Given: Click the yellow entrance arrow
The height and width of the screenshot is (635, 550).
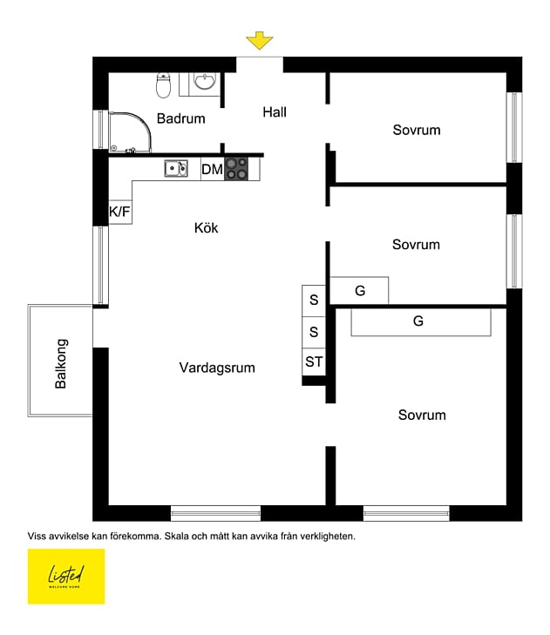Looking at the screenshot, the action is [x=259, y=41].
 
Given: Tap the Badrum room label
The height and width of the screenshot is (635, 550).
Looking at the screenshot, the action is [x=181, y=118].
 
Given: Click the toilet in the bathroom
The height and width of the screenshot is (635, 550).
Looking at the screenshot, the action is [x=164, y=84].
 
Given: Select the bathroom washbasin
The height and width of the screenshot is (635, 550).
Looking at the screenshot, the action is [x=205, y=83].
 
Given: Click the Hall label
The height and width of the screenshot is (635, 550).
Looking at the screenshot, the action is [x=275, y=112].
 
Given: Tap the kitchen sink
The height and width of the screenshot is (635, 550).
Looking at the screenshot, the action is [x=176, y=168].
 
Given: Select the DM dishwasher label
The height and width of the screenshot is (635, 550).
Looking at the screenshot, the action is [x=212, y=169].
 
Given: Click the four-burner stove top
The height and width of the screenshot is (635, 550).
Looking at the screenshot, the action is [x=236, y=168].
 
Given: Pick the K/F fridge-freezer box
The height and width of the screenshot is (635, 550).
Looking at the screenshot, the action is [x=119, y=211].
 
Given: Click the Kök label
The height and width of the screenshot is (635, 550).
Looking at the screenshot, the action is [x=207, y=228].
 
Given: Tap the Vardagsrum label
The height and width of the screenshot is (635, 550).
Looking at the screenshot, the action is [x=217, y=368].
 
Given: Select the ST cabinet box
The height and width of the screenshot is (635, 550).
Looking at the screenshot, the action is [x=314, y=361].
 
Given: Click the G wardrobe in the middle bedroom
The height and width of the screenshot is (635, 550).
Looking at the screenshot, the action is [x=360, y=291].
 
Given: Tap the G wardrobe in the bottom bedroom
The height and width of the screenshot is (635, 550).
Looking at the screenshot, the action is [x=418, y=321].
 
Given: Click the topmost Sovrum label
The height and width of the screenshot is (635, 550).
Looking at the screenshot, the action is [x=417, y=130].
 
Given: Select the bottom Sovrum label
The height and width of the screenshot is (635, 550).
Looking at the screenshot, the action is [x=422, y=415].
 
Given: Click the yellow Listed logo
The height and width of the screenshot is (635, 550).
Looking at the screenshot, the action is [x=66, y=576].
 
